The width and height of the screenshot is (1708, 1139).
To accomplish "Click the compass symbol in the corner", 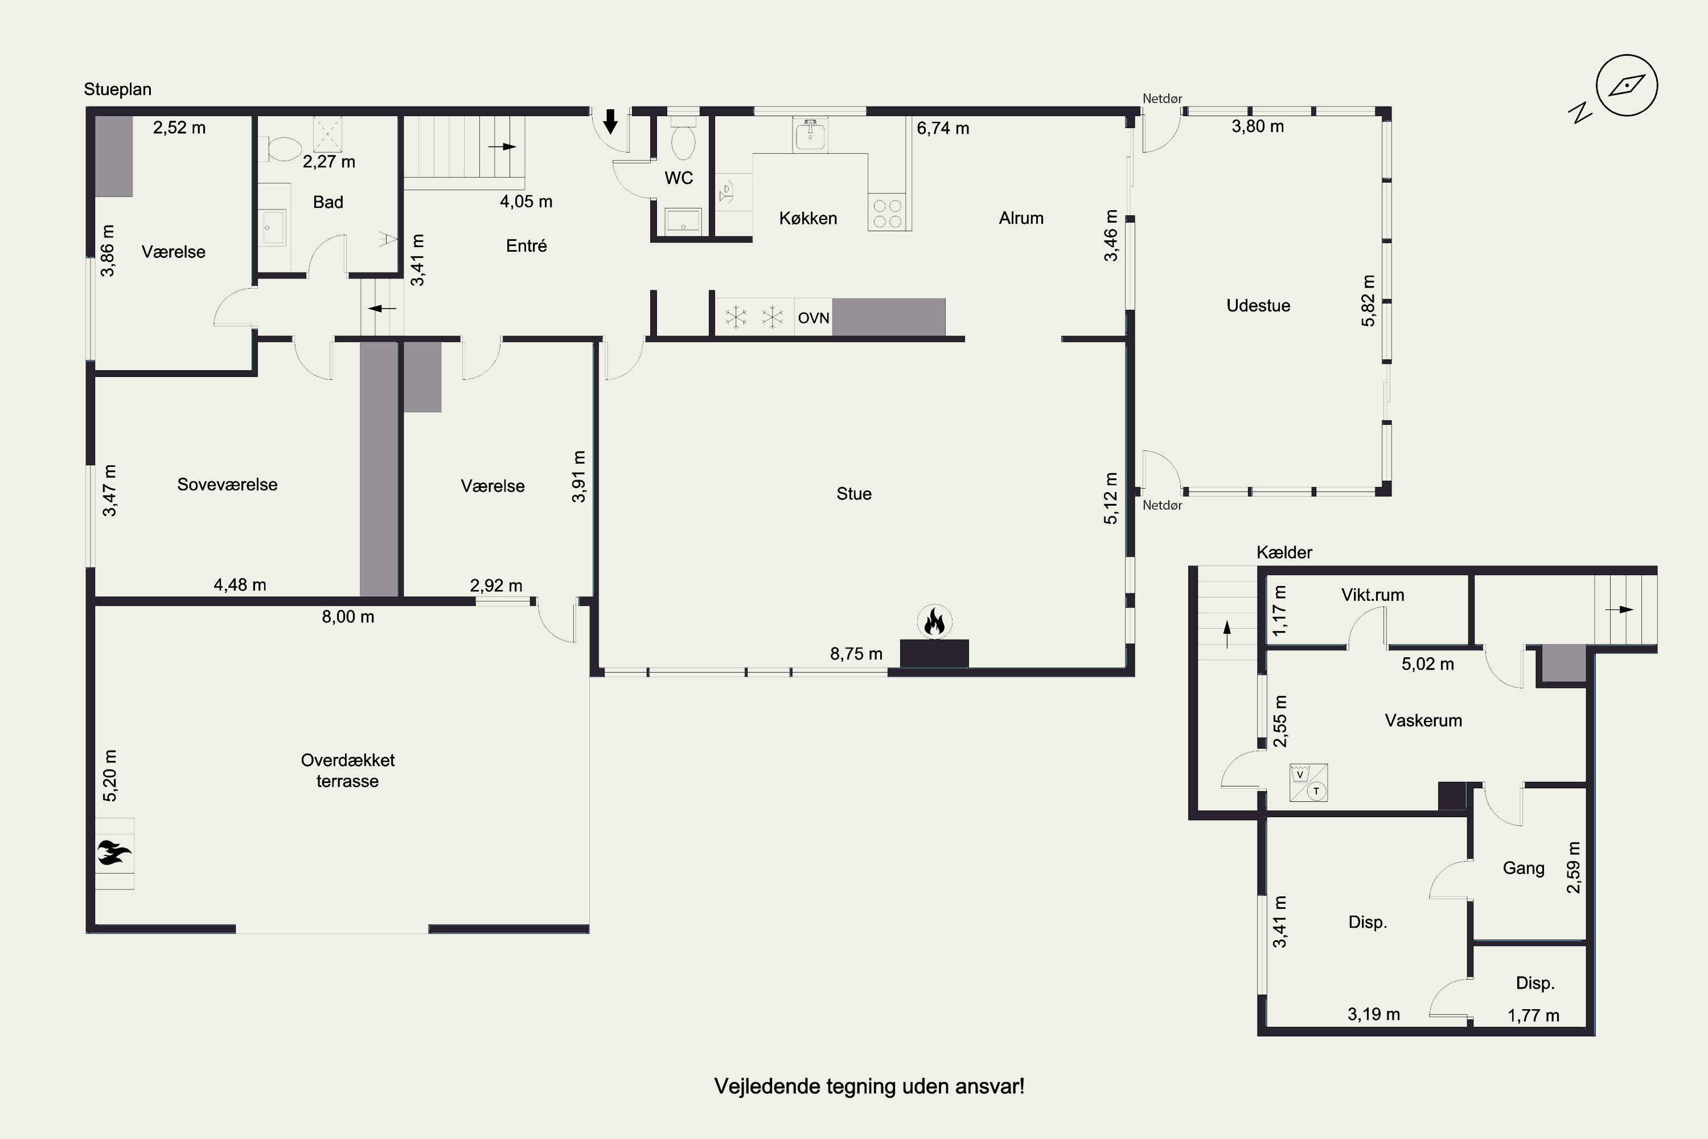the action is [x=1626, y=86].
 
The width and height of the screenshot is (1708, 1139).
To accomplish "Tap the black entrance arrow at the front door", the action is [x=611, y=121].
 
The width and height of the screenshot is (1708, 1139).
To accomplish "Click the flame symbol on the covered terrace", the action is [x=114, y=853].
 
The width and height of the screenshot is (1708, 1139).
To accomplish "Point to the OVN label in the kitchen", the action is [x=814, y=318].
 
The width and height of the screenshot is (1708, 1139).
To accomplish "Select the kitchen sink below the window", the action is [x=810, y=134].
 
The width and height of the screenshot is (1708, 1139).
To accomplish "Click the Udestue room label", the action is [x=1258, y=306].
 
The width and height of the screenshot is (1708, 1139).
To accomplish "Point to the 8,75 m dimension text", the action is [x=856, y=654].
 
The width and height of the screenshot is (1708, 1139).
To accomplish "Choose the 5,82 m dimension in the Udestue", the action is [x=1368, y=301].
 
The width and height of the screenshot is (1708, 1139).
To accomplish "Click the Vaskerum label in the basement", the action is [x=1423, y=720].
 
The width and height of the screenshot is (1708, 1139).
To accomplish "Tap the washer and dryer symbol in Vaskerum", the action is [x=1308, y=782].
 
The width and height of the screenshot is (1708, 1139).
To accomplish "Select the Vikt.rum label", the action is [x=1373, y=595].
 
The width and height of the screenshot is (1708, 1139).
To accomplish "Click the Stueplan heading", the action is [x=118, y=89].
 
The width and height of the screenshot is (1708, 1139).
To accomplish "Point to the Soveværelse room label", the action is [x=227, y=485].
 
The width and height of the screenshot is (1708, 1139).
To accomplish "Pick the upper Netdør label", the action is [x=1162, y=99].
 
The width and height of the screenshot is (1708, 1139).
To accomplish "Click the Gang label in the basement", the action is [x=1523, y=868].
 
